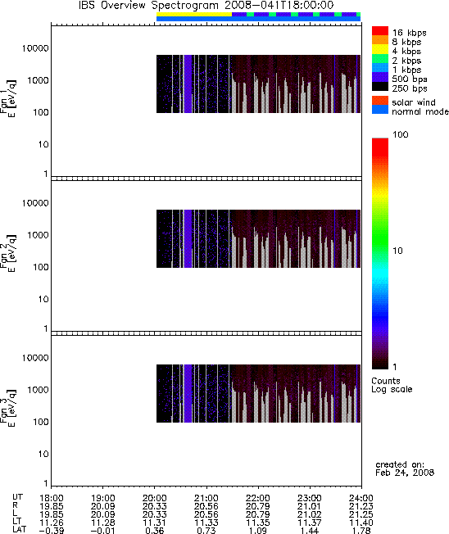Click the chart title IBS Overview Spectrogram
(x=148, y=6)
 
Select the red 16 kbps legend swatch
(x=380, y=30)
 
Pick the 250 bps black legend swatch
(x=380, y=87)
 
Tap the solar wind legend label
(x=414, y=102)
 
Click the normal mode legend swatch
(x=380, y=110)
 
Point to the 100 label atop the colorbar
(x=401, y=134)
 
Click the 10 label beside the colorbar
(x=397, y=251)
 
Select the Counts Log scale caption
(x=392, y=385)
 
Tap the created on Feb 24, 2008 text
(x=405, y=468)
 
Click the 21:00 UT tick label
(x=206, y=498)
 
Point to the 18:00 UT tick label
(x=52, y=498)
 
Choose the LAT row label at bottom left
(x=19, y=530)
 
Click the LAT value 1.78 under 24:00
(x=361, y=530)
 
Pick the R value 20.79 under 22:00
(x=258, y=506)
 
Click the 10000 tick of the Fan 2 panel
(x=35, y=203)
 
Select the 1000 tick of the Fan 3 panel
(x=38, y=390)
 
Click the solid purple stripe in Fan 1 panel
(x=188, y=84)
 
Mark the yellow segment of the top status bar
(x=194, y=14)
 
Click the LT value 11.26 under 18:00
(x=52, y=523)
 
